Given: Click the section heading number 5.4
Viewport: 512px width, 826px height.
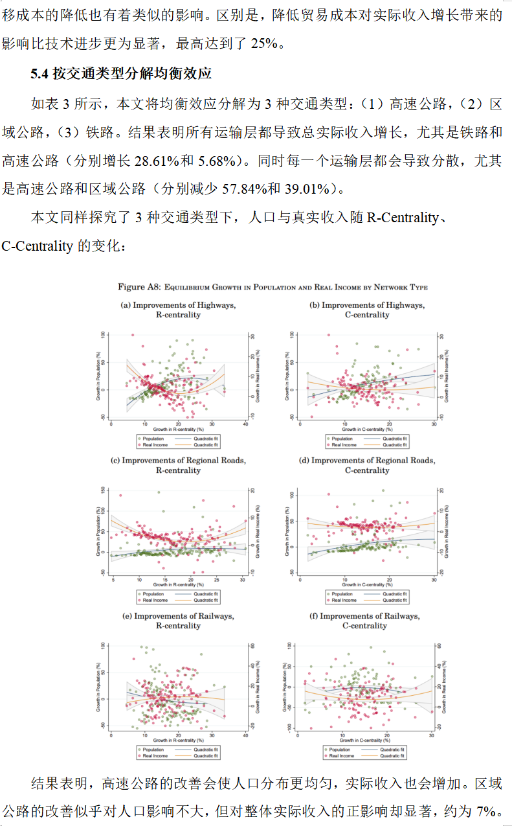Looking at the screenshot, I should click(39, 74).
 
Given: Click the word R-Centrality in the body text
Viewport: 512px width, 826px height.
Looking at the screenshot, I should click(402, 218).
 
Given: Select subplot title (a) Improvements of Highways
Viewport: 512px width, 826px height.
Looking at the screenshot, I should click(178, 305).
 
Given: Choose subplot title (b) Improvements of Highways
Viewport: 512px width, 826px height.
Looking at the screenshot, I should click(366, 305).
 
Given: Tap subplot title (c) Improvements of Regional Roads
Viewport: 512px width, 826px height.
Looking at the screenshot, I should click(178, 461).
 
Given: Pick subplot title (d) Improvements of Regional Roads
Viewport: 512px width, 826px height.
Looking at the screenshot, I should click(366, 461).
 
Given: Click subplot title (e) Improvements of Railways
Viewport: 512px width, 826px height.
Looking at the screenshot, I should click(178, 616).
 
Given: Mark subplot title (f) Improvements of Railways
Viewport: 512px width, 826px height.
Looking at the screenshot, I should click(366, 616).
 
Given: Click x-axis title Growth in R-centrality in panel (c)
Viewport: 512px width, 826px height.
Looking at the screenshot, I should click(178, 584).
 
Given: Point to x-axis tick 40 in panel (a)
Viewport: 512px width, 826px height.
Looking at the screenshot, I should click(245, 423).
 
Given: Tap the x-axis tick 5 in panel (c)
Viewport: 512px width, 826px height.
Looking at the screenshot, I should click(113, 579).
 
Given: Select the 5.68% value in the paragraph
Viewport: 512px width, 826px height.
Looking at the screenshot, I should click(239, 160).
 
